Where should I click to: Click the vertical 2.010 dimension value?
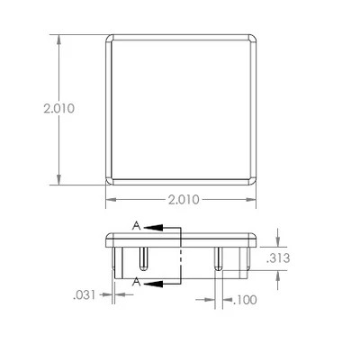point(58,108)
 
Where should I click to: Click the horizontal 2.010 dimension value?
point(184,200)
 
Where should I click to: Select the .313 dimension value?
point(278,258)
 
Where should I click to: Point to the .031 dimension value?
point(85,295)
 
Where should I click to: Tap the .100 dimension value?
point(245,300)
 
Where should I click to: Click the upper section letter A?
point(136,226)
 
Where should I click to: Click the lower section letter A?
point(137,282)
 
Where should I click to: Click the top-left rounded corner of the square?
point(108,38)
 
